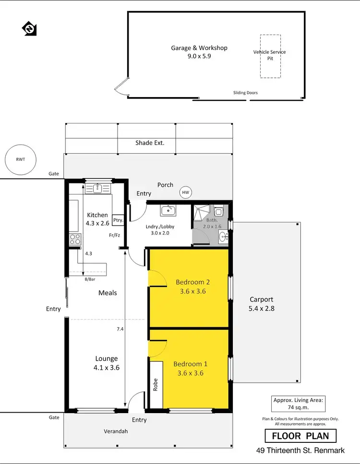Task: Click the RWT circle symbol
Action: [x=19, y=159]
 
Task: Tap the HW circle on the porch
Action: [x=186, y=193]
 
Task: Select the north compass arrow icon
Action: [x=29, y=28]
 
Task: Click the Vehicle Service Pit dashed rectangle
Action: [x=270, y=56]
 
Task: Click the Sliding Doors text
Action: [x=245, y=93]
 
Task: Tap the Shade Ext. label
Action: [x=150, y=143]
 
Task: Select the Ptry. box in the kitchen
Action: [x=118, y=220]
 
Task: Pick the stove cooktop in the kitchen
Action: [x=74, y=239]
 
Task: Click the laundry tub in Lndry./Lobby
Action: [x=168, y=210]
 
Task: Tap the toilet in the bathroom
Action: [x=218, y=210]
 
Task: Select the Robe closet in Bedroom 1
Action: [x=156, y=385]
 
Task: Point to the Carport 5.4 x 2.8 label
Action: [x=262, y=304]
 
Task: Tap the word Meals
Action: [x=108, y=293]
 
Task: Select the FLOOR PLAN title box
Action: [x=300, y=436]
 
